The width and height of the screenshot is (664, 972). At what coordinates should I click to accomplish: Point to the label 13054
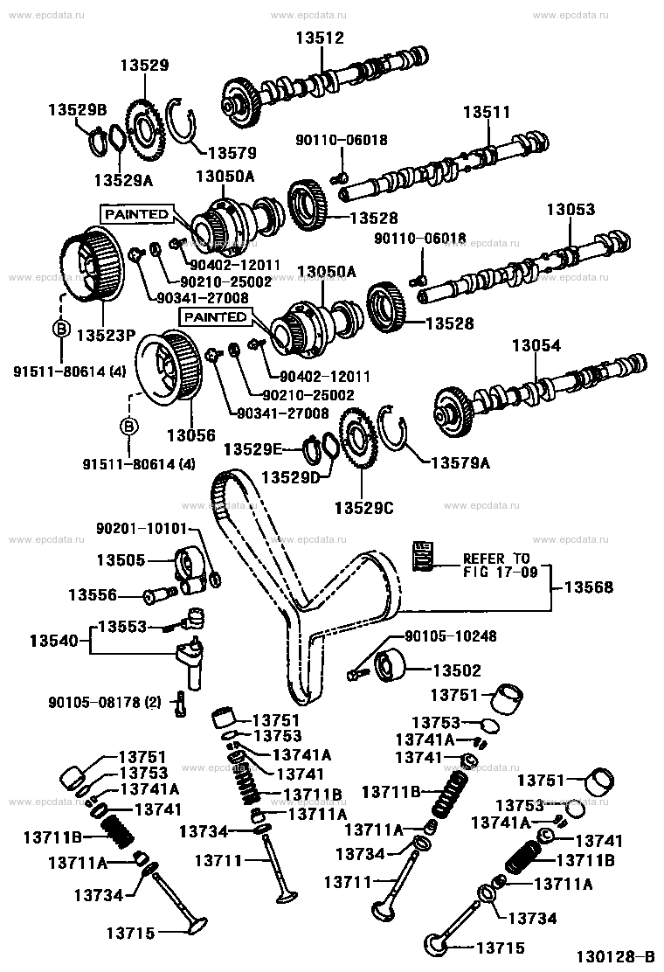point(536,346)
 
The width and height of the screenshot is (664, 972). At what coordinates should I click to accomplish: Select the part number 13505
point(120,559)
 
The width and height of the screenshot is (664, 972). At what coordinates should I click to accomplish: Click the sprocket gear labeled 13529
point(145,128)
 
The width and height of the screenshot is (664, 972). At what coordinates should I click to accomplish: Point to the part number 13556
point(92,594)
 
